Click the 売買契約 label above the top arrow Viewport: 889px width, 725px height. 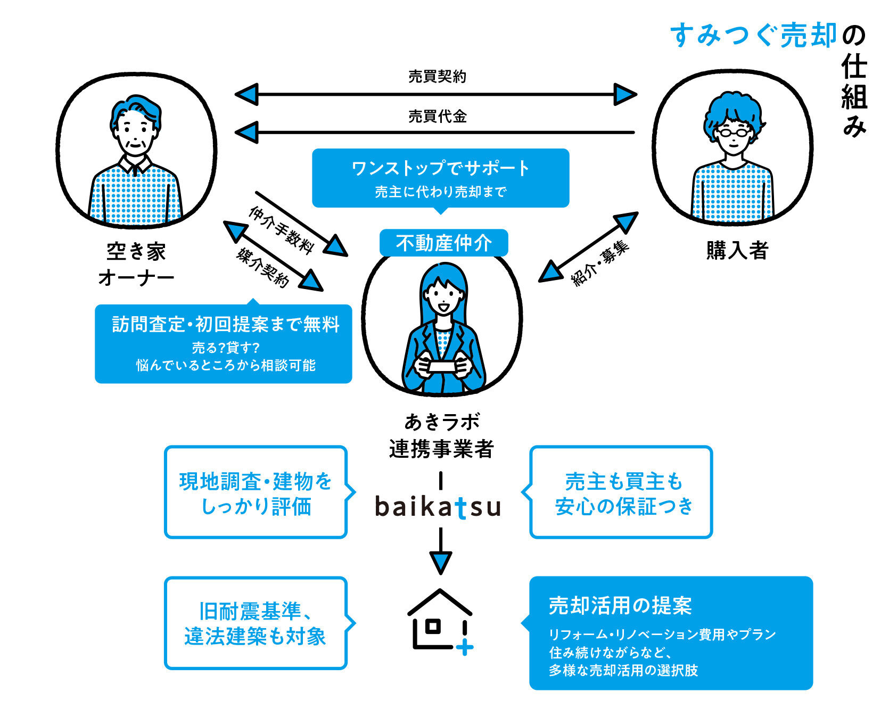tap(437, 77)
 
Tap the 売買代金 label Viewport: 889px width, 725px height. tap(437, 116)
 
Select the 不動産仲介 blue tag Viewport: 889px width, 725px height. tap(443, 243)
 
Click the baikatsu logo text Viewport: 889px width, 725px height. tap(438, 507)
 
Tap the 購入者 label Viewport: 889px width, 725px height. tap(737, 250)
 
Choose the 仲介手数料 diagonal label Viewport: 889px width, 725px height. tap(281, 230)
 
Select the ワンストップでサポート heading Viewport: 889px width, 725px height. tap(440, 168)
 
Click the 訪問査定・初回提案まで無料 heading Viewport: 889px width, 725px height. tap(226, 324)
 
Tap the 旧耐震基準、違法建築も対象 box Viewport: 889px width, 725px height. tap(256, 623)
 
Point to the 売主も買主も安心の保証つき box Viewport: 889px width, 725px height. tap(621, 492)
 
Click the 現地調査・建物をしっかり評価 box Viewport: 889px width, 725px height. tap(256, 492)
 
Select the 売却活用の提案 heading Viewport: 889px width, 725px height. tap(620, 606)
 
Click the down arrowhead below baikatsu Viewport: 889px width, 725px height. tap(440, 563)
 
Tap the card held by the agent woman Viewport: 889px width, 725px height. tap(442, 366)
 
